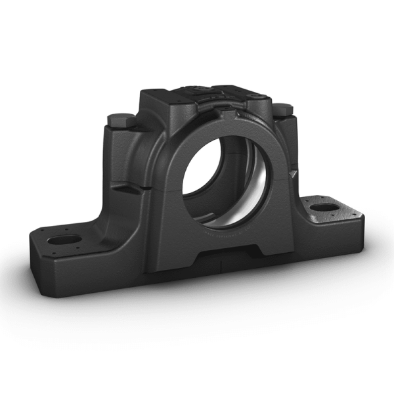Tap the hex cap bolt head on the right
click(x=281, y=108)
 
